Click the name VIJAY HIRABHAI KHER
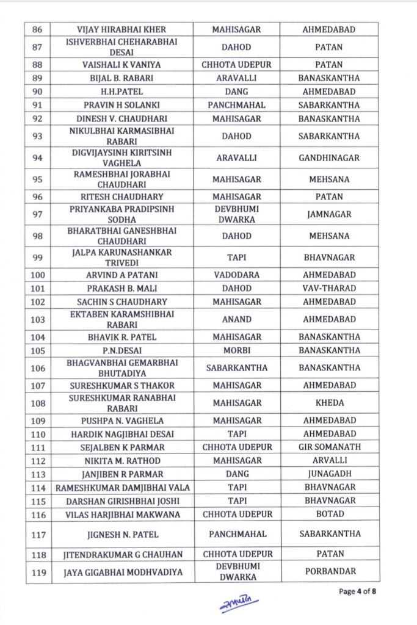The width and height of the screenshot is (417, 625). coord(121,29)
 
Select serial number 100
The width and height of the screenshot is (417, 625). coord(37,275)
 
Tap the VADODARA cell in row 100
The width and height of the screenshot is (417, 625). coord(236,275)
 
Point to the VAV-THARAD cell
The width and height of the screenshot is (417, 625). coord(328,288)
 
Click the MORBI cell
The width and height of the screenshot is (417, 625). coord(236,350)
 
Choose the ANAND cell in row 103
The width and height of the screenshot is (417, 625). coord(236,319)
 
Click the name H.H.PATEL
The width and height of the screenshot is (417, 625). coord(121,92)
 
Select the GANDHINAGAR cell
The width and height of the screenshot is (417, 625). coord(328,157)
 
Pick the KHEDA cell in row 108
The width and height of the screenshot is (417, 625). coord(328,403)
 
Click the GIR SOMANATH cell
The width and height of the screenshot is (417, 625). coord(328,447)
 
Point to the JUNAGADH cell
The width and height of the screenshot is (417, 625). coord(328,474)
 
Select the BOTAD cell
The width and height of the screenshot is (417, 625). coord(328,514)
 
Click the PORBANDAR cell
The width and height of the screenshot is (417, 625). coord(328,573)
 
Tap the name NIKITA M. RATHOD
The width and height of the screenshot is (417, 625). coord(121,460)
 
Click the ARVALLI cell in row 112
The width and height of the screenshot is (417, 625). coord(328,460)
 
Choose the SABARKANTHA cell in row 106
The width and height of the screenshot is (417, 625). coord(236,367)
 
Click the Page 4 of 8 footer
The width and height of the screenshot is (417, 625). coord(358,591)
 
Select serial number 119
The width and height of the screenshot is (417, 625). coord(37,573)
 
